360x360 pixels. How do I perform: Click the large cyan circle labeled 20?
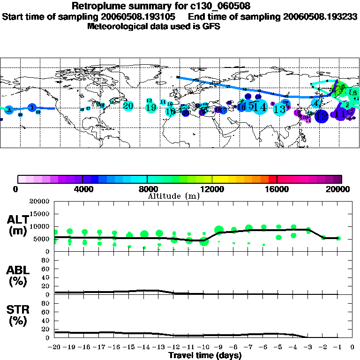(128, 105)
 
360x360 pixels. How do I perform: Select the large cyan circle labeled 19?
(151, 108)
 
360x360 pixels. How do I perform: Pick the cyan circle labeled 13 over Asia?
(280, 109)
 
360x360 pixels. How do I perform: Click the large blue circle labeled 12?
(322, 115)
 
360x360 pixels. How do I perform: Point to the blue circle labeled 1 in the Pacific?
(32, 108)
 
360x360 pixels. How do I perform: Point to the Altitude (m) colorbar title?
(173, 196)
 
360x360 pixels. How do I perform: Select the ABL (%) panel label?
(17, 276)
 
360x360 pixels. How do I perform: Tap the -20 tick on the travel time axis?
(54, 347)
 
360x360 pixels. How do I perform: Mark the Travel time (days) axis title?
(205, 355)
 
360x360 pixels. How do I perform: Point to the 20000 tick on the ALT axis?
(40, 202)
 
